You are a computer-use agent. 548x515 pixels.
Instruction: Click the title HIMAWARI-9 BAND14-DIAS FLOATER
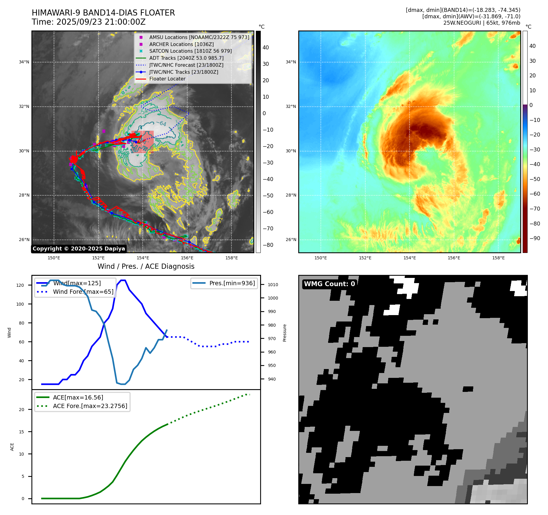103,13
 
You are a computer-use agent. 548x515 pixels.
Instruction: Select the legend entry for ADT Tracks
186,58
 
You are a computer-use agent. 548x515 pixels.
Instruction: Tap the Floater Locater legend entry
167,79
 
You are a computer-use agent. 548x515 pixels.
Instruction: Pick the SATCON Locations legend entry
190,51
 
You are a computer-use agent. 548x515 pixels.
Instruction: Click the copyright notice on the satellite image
79,249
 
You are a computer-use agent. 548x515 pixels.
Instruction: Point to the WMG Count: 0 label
329,284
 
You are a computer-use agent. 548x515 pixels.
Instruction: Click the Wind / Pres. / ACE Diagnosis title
146,266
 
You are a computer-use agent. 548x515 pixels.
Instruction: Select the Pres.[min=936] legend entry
232,283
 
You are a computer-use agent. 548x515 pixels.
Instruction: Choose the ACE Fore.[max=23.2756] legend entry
90,406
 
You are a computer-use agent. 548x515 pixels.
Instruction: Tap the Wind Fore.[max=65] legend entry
83,292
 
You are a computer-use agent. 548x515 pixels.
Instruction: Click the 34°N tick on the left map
24,62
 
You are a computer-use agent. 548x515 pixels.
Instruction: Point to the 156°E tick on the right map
454,258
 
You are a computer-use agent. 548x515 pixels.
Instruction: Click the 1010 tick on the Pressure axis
273,285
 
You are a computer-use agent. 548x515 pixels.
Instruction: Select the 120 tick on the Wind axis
20,285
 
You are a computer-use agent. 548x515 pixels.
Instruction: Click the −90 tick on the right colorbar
535,238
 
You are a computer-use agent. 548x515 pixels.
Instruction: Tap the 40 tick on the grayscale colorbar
266,48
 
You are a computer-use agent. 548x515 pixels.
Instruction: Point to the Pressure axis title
285,333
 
